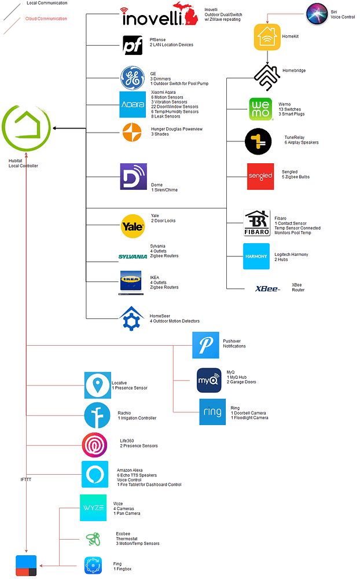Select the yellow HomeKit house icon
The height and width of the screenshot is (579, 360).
(x=267, y=36)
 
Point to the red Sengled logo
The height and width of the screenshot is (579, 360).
(x=260, y=176)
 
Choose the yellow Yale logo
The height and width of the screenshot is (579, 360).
(x=133, y=226)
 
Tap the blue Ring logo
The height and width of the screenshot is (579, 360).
(x=212, y=412)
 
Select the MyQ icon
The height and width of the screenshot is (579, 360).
(x=209, y=380)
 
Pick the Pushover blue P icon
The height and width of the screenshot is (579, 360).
(x=206, y=345)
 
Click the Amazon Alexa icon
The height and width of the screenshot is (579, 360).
(x=95, y=475)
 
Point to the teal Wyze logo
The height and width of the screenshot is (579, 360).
(x=93, y=508)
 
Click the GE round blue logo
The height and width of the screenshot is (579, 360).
(x=132, y=78)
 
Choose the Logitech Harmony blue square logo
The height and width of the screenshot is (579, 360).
(x=256, y=256)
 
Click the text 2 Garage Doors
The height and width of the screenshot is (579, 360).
(x=241, y=382)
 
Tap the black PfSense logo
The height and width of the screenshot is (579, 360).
(x=132, y=45)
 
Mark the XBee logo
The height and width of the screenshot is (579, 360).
(x=267, y=288)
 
